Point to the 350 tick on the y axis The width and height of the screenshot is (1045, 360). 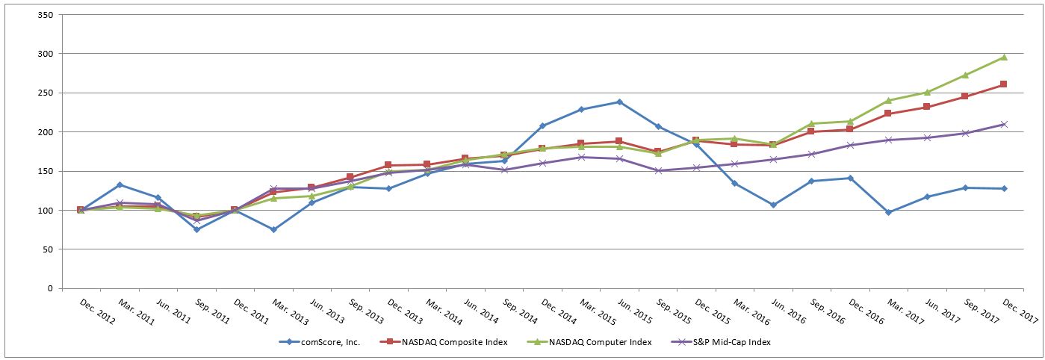click(x=44, y=15)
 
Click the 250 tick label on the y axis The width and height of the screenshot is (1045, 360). click(x=44, y=93)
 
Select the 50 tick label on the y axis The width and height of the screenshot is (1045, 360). click(x=46, y=249)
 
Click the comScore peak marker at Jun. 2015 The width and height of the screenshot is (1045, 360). click(x=619, y=102)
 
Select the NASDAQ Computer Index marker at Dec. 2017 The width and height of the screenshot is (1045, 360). click(x=1003, y=57)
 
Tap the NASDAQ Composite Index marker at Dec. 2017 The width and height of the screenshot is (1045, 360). click(x=1003, y=84)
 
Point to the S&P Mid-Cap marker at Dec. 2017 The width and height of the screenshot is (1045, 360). click(x=1003, y=124)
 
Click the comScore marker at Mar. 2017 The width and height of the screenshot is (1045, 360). click(x=888, y=212)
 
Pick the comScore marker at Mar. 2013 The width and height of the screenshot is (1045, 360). click(x=273, y=229)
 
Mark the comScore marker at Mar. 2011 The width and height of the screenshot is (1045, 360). click(x=120, y=184)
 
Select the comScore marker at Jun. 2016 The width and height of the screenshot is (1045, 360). click(x=773, y=205)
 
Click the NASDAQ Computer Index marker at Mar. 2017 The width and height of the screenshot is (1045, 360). click(x=888, y=100)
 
